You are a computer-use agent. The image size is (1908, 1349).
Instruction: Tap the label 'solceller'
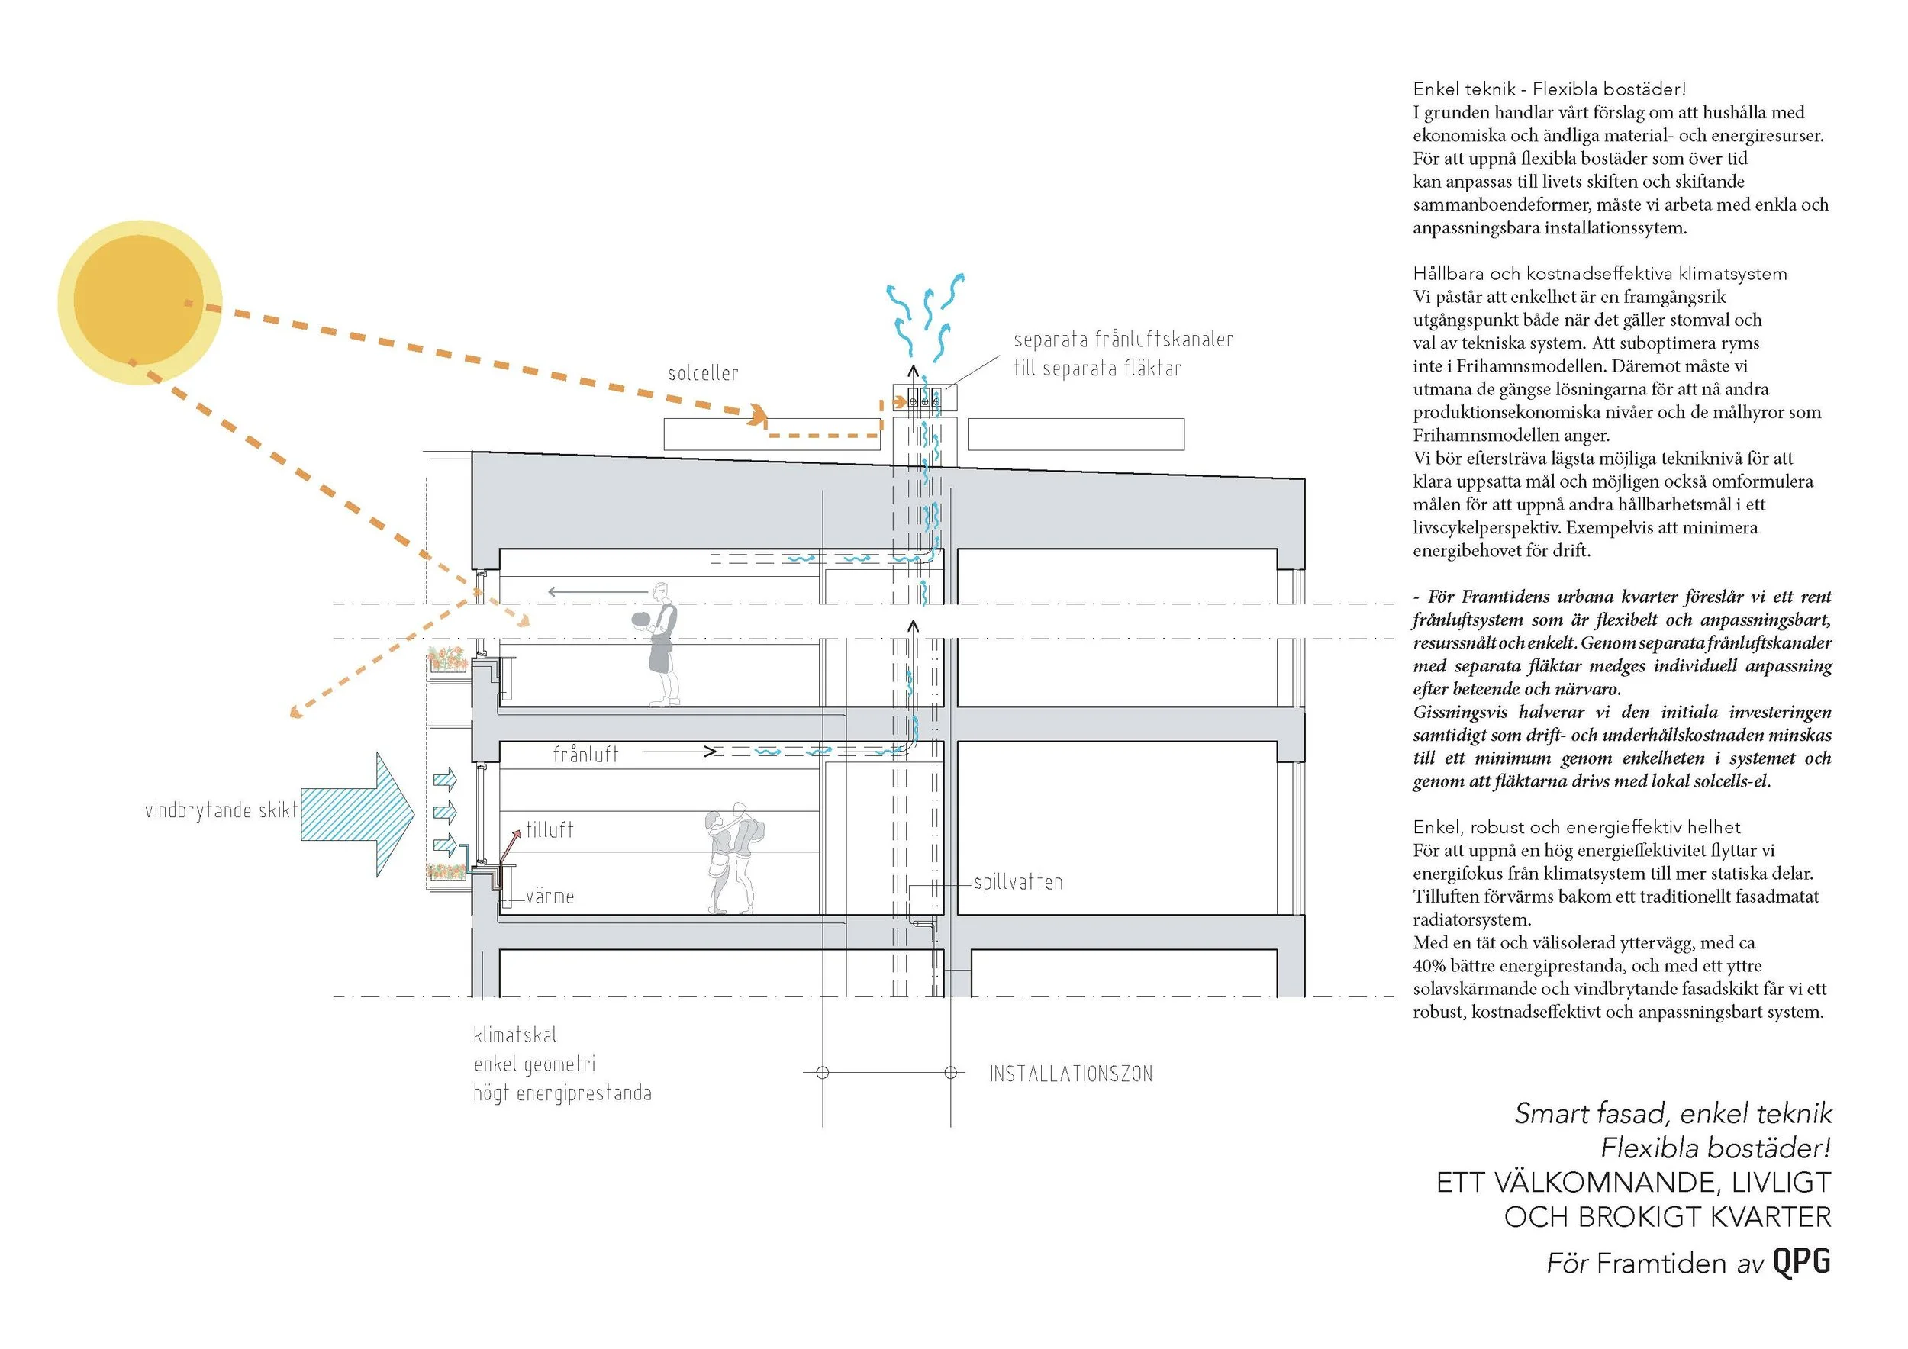click(702, 374)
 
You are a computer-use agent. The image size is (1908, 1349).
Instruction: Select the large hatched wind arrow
click(357, 814)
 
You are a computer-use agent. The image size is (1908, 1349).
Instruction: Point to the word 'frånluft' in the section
click(586, 755)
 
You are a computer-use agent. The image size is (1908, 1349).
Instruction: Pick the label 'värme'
click(550, 897)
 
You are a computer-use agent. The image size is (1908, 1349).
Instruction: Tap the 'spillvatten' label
click(1018, 882)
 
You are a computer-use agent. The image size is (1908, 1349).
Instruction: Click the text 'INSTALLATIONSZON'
click(1070, 1074)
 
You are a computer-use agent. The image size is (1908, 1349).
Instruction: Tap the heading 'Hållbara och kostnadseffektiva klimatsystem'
click(1600, 273)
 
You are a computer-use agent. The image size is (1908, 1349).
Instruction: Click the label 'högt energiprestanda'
click(562, 1093)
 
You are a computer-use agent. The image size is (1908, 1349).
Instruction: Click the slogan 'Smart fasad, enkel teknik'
click(1673, 1113)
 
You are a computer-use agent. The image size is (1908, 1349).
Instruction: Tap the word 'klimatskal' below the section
click(515, 1035)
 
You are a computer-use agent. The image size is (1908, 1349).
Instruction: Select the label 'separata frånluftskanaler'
click(1123, 340)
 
